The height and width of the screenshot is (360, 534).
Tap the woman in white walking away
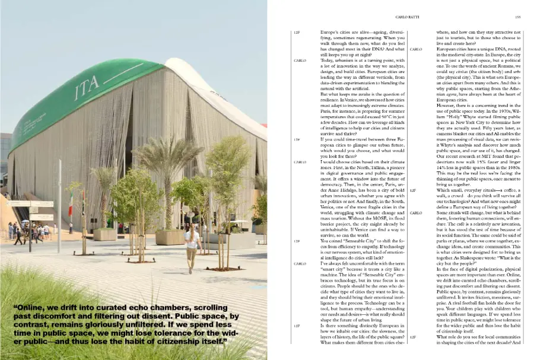192,246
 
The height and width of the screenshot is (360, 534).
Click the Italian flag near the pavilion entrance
70,211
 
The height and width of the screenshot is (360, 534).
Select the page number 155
517,18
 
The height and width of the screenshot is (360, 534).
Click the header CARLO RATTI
408,18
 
